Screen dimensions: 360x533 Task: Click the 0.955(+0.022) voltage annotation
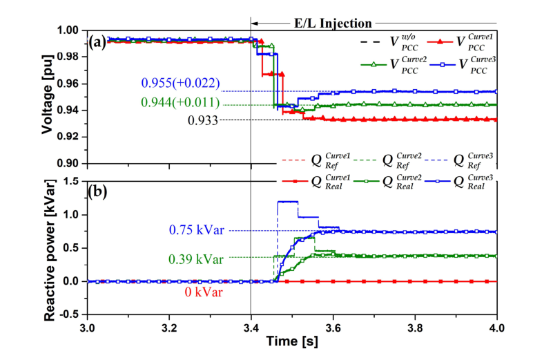point(180,84)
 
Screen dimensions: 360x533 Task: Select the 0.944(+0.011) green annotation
point(180,103)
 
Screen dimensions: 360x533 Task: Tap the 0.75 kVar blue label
point(195,230)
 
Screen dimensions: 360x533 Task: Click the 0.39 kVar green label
point(195,259)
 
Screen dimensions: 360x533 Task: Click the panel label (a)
point(99,41)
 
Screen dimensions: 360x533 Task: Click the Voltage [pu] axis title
point(48,95)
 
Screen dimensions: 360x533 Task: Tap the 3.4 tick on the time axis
point(251,325)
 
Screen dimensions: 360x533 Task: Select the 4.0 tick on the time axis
point(496,325)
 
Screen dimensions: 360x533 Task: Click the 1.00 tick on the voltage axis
point(71,30)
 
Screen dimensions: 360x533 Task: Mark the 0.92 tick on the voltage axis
point(71,137)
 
